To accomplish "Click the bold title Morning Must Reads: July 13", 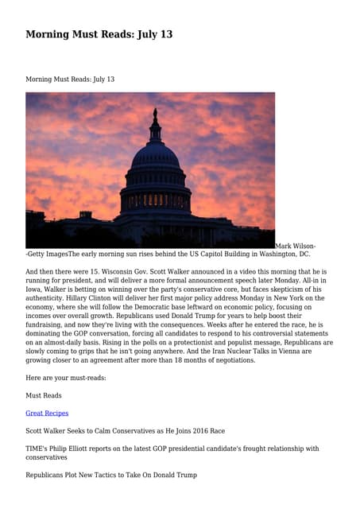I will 99,34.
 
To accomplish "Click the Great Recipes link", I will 47,413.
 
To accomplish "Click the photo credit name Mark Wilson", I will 295,246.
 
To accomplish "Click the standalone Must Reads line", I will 44,395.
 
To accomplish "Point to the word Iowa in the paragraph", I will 34,292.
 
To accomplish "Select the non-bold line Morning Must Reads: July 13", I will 70,80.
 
